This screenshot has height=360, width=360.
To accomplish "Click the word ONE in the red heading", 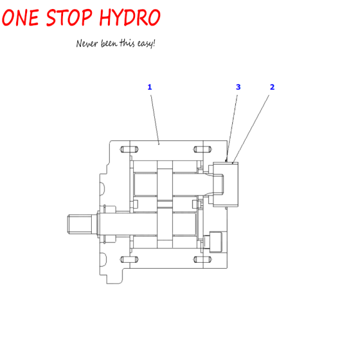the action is (20, 17).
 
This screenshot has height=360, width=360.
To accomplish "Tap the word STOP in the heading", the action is (69, 17).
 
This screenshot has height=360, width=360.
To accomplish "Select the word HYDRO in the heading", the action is (130, 17).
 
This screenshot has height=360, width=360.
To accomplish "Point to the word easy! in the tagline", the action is (146, 43).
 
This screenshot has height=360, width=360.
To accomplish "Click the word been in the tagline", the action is (109, 43).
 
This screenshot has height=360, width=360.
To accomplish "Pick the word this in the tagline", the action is (127, 43).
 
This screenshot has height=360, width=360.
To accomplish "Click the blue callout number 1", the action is (149, 87).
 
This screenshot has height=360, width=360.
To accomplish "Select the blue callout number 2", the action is (272, 87).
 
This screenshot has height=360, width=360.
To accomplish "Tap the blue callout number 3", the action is (238, 87).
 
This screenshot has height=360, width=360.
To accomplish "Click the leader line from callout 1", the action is (155, 119).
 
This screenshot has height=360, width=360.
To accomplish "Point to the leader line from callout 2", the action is (251, 129).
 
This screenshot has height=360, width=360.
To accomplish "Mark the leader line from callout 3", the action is (232, 128).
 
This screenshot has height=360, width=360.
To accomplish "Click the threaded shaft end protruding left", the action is (79, 224).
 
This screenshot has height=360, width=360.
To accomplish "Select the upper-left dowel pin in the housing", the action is (129, 149).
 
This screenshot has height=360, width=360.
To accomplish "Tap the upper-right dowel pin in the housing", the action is (203, 149).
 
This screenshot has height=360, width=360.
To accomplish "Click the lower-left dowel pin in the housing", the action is (129, 260).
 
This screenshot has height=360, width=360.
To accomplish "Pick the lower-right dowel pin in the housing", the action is (203, 260).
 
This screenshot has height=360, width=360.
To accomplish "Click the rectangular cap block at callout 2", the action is (226, 185).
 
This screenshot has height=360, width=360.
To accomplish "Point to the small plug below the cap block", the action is (215, 242).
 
